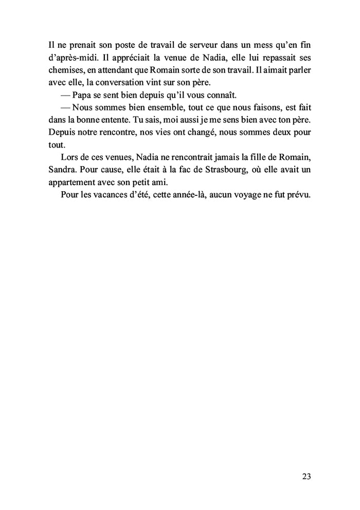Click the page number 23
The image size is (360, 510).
[x=306, y=476]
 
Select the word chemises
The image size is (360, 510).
[x=65, y=69]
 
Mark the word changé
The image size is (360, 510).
[x=199, y=132]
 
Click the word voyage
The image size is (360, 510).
[x=241, y=195]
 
